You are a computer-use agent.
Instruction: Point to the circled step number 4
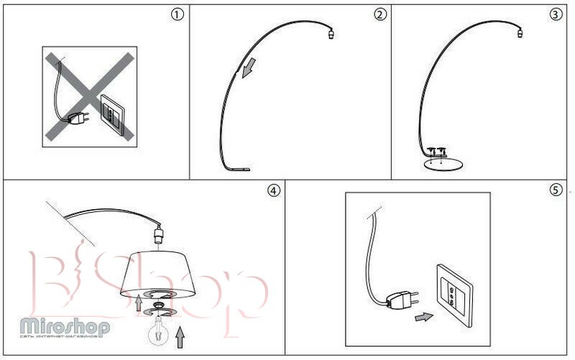click(272, 190)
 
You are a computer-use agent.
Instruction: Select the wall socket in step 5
click(453, 292)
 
